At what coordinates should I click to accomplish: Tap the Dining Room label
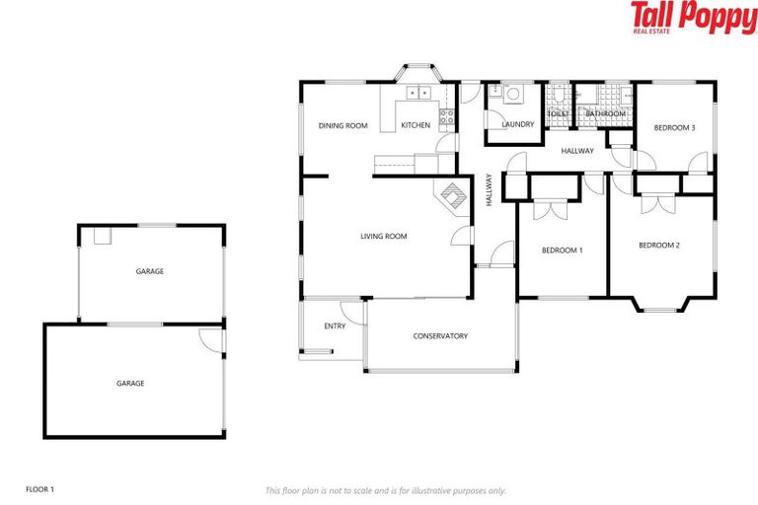[x=342, y=125]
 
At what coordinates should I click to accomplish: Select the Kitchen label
[x=416, y=125]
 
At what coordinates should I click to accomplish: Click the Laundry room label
[x=517, y=124]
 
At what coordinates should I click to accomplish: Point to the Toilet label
[x=558, y=114]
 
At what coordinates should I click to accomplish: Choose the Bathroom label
[x=605, y=114]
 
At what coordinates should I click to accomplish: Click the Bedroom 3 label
[x=675, y=127]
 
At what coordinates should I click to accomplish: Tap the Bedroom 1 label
[x=562, y=251]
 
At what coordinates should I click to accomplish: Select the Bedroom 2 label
[x=658, y=245]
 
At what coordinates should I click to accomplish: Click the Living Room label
[x=383, y=236]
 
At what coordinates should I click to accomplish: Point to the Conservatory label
[x=440, y=336]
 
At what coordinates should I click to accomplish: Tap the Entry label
[x=335, y=326]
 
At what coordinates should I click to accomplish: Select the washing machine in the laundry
[x=512, y=96]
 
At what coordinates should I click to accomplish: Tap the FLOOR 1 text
[x=39, y=488]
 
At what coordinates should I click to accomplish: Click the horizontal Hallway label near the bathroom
[x=577, y=151]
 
